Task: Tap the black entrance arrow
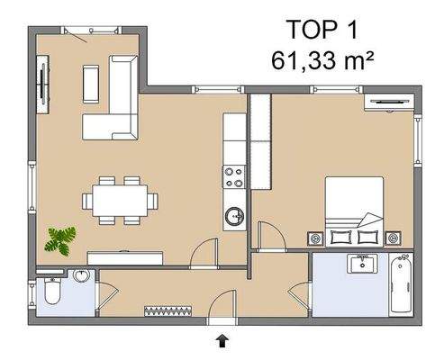pyautogui.click(x=222, y=338)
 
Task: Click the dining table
pyautogui.click(x=120, y=199)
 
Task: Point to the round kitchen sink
pyautogui.click(x=235, y=216)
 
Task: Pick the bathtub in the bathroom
pyautogui.click(x=402, y=283)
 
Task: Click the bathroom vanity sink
pyautogui.click(x=364, y=265)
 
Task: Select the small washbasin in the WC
pyautogui.click(x=82, y=275)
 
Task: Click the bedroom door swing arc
pyautogui.click(x=267, y=236)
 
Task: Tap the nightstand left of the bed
pyautogui.click(x=315, y=238)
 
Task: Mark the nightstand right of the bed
pyautogui.click(x=392, y=238)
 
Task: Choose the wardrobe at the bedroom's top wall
pyautogui.click(x=385, y=101)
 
